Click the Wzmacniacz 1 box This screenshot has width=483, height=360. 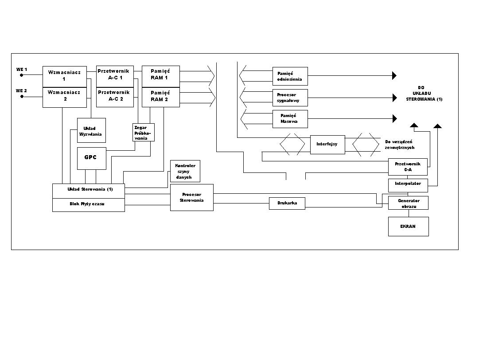click(x=65, y=76)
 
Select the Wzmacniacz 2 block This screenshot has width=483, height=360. click(x=65, y=97)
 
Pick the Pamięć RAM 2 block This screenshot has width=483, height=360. click(x=160, y=97)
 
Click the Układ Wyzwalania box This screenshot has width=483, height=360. click(x=91, y=130)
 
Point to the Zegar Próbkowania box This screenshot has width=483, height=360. click(x=144, y=132)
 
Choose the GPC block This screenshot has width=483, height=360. click(x=91, y=158)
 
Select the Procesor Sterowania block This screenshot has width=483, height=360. click(x=191, y=197)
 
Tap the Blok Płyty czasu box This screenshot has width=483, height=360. click(x=89, y=204)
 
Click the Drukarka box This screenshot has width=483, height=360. click(x=287, y=203)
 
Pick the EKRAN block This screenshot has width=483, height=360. click(x=408, y=227)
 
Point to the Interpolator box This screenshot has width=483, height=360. click(x=408, y=184)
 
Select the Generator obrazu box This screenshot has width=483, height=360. click(x=408, y=203)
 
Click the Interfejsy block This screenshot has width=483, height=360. click(x=327, y=145)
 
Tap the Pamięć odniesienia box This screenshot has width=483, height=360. click(x=290, y=76)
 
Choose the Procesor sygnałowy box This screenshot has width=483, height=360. click(x=290, y=98)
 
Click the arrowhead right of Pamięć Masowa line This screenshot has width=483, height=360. click(x=394, y=118)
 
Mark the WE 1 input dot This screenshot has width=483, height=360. click(x=21, y=75)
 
